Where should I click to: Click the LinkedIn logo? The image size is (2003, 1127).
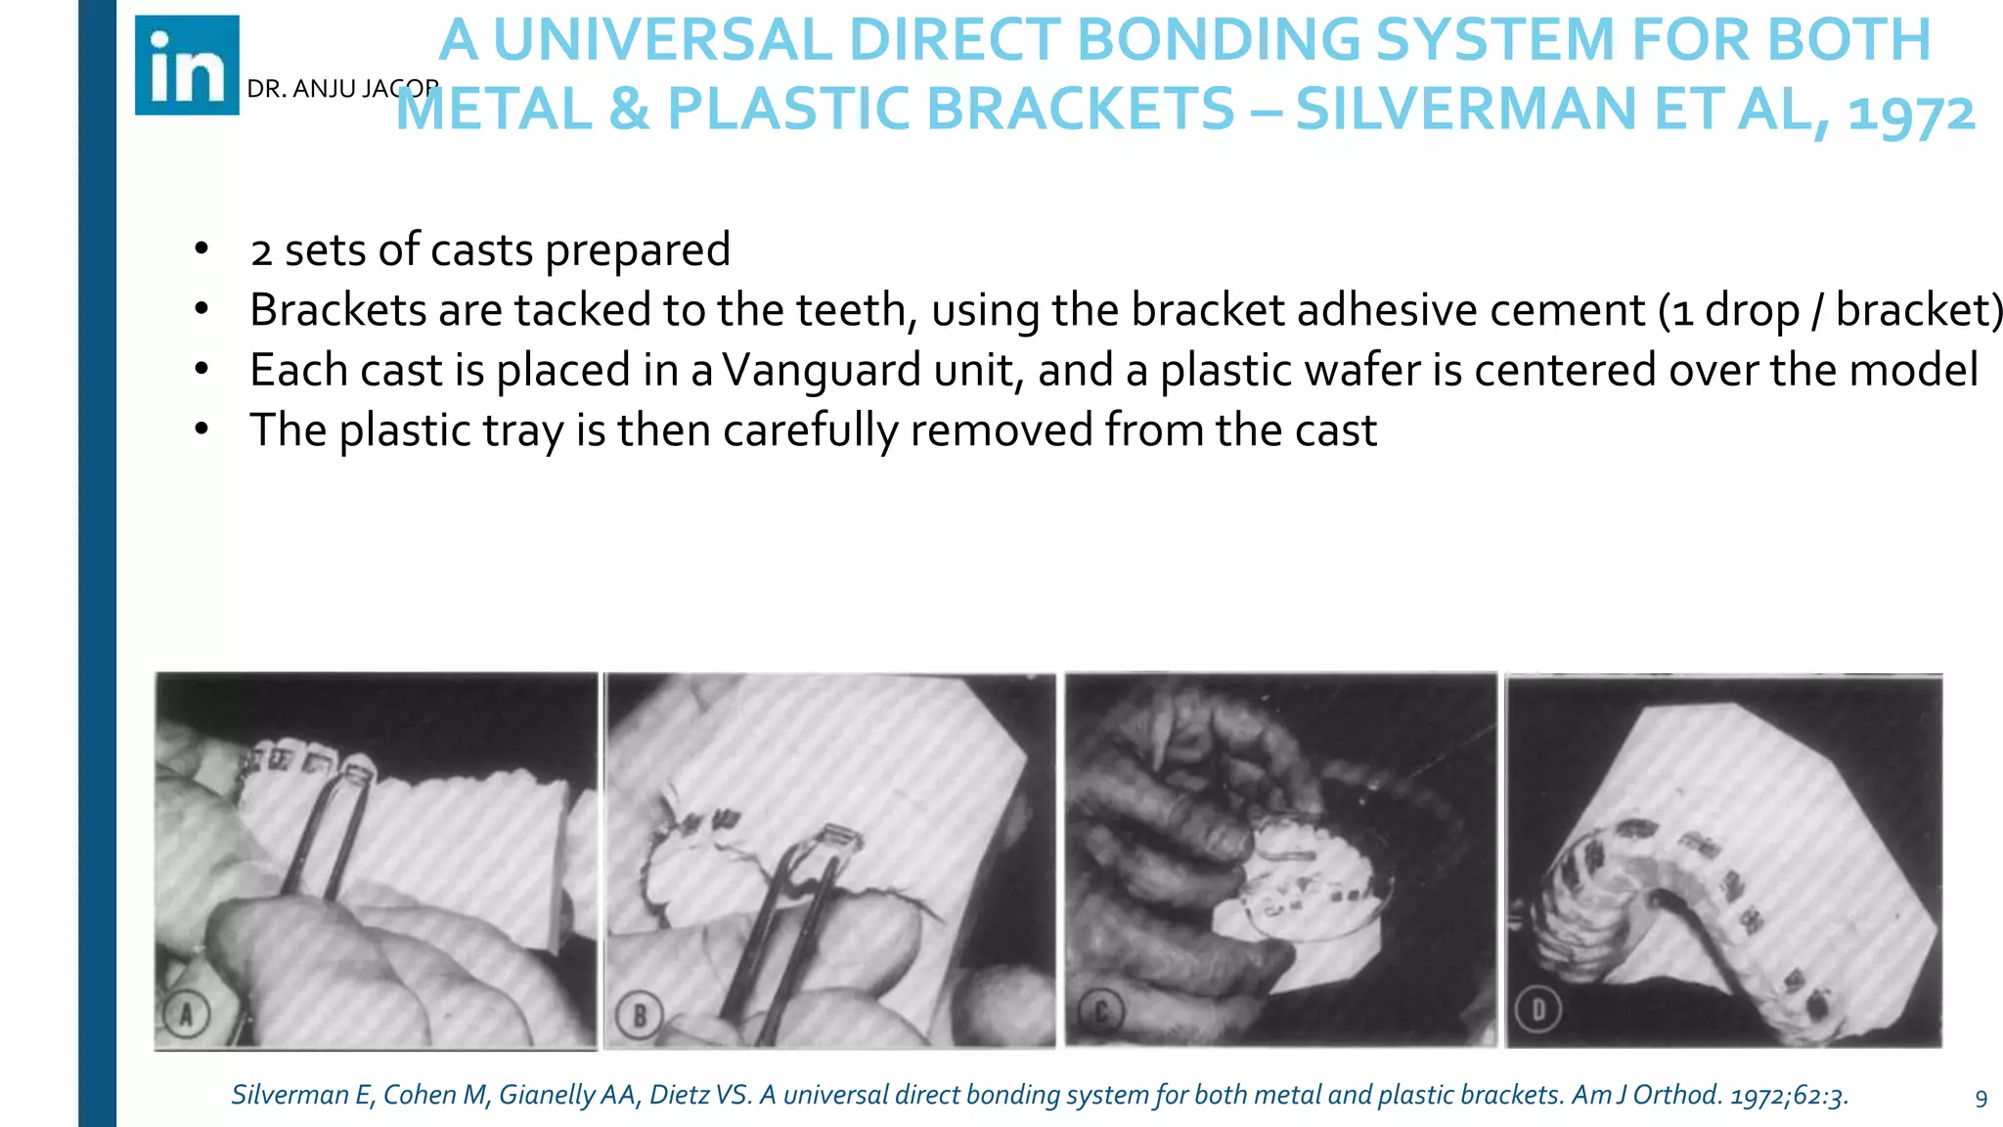pos(187,66)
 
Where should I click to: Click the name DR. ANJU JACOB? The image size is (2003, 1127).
pos(341,89)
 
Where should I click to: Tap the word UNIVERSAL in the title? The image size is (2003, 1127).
pos(662,40)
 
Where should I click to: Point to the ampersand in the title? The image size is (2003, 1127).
pos(629,109)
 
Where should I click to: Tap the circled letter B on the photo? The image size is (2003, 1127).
pos(640,1016)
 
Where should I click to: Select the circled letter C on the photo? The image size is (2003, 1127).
pos(1100,1013)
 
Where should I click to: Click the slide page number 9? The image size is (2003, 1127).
pos(1981,1099)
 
